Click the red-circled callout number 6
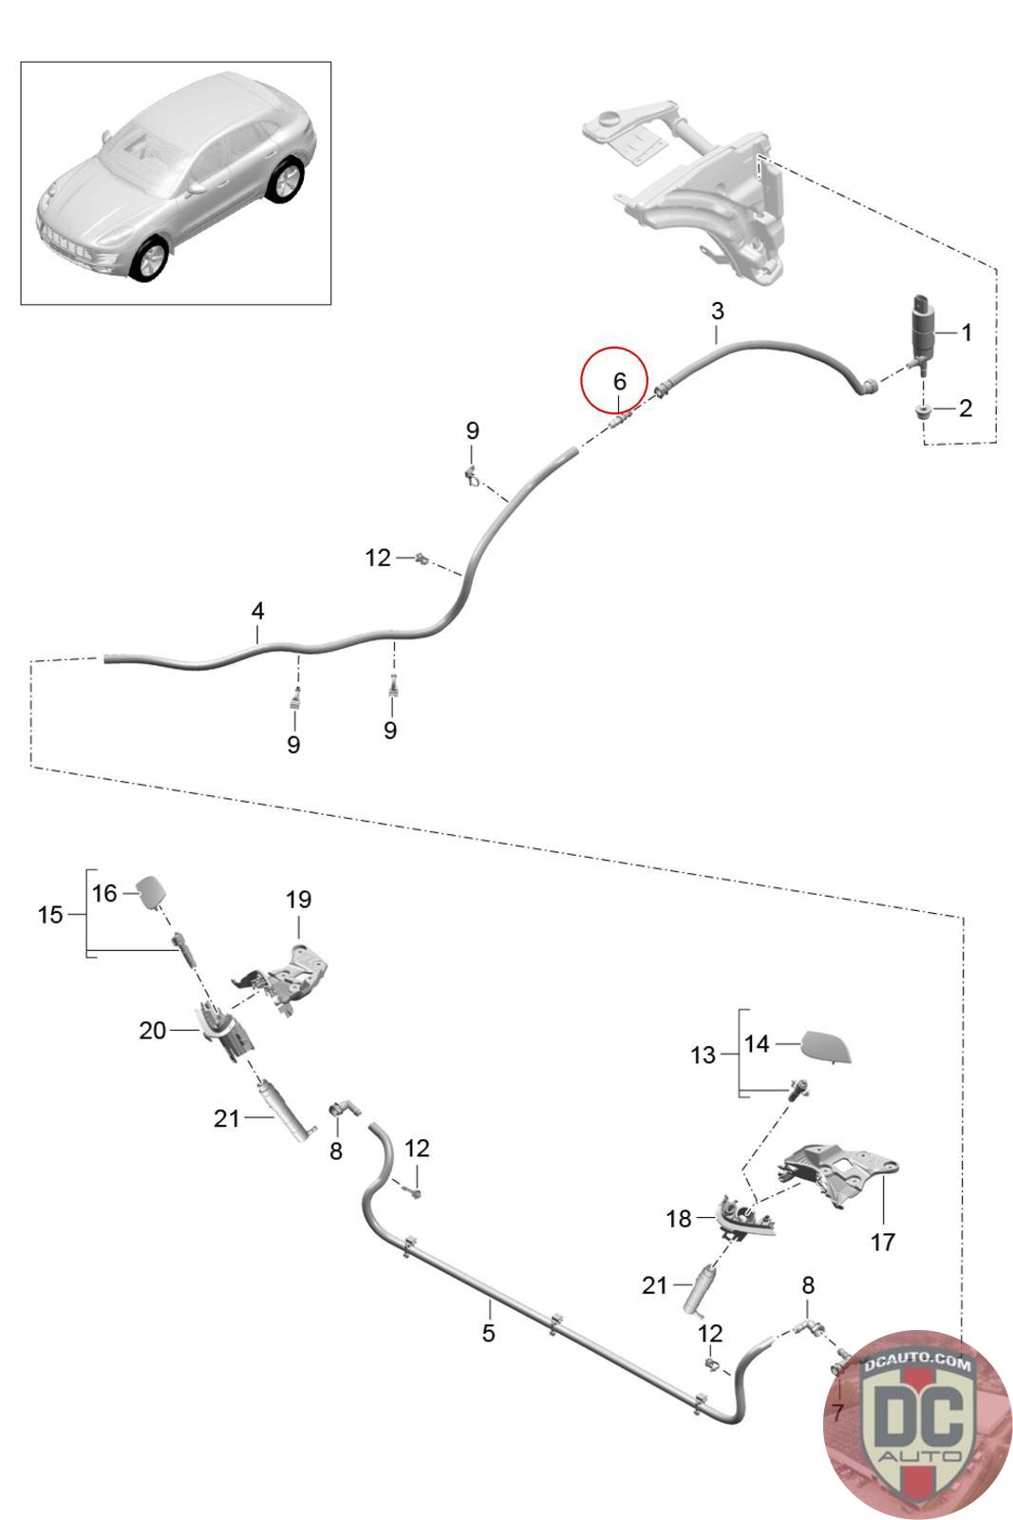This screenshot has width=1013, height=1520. pos(619,381)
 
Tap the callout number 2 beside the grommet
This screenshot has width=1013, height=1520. pos(966,408)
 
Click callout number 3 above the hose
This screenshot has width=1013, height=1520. pos(717,311)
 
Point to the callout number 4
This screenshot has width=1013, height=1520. pos(257,611)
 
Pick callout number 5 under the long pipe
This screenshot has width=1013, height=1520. pos(488,1333)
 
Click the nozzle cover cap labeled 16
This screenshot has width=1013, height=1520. pos(151,892)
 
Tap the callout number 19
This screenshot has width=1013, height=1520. pos(298,899)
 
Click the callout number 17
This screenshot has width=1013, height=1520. pos(882,1241)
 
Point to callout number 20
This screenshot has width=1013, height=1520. pos(152,1030)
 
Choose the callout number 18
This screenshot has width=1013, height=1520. pos(679,1219)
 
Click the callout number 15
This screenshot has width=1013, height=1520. pos(50,915)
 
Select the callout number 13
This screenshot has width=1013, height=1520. pos(703,1054)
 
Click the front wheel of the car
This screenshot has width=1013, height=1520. pos(147,258)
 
